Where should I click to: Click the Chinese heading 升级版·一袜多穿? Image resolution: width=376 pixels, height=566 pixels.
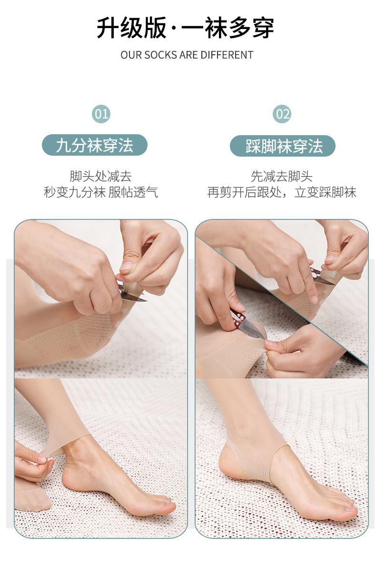tap(186, 28)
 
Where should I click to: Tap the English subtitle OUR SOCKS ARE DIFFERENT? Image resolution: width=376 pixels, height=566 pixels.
tap(187, 55)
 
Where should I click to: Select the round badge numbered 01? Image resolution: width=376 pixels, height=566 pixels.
tap(101, 114)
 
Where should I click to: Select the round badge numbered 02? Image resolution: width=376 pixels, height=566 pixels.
tap(282, 114)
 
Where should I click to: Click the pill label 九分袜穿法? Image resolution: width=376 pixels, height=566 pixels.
tap(95, 146)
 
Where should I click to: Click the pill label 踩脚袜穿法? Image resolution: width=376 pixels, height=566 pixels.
tap(283, 146)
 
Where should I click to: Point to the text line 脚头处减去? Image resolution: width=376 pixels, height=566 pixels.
tap(101, 177)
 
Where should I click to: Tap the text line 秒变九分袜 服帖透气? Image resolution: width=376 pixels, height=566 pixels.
tap(101, 192)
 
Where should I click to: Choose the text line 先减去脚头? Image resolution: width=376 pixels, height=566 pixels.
tap(281, 177)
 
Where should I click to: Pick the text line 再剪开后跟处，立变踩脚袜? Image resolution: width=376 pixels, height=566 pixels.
tap(281, 192)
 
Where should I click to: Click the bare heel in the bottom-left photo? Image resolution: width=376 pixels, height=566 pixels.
tap(74, 477)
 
